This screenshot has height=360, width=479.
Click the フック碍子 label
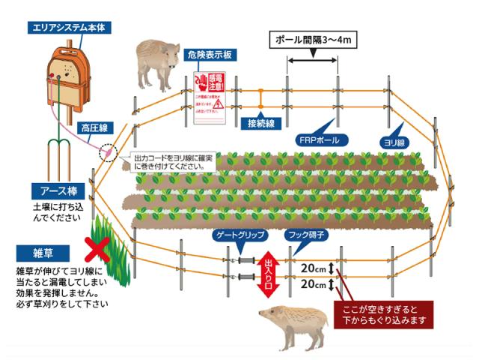(x=305, y=235)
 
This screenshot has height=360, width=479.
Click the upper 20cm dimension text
(x=312, y=268)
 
